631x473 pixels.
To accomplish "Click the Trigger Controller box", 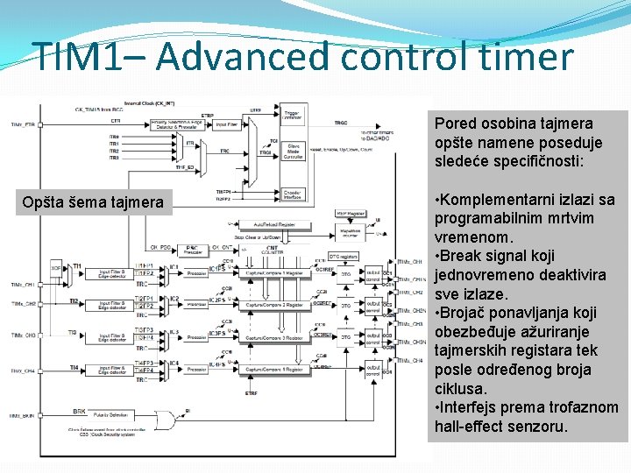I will [294, 116].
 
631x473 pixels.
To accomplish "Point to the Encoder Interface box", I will [294, 194].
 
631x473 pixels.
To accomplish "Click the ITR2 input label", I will [114, 151].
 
